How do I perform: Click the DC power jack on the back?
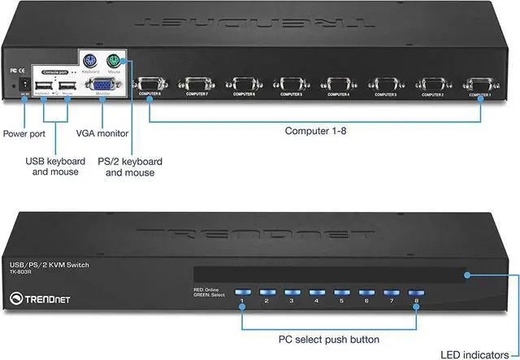[x=24, y=85]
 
